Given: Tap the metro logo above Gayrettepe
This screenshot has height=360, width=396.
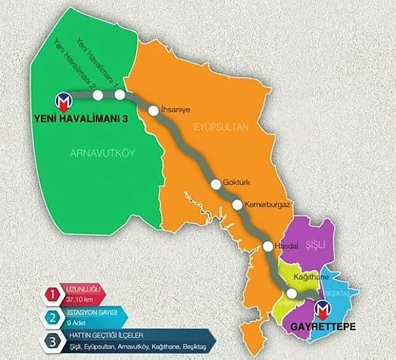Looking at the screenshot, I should pos(323,309).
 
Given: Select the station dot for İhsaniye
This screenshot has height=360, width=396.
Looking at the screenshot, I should pos(153,111).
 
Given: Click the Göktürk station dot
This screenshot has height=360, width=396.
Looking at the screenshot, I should pos(216,185).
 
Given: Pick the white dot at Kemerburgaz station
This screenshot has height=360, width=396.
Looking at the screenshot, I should pos(237,204).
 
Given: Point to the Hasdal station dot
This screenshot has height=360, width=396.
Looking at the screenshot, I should pos(267,247).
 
